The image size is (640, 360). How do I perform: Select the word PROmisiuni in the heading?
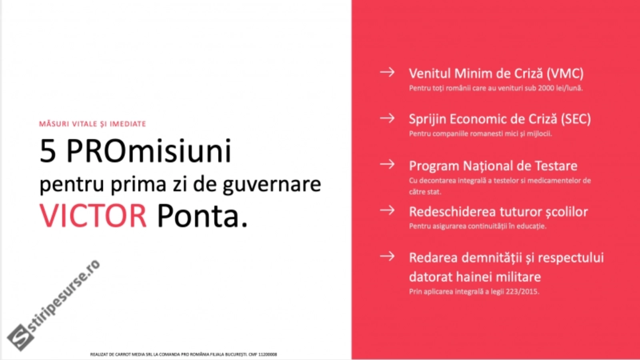(148, 151)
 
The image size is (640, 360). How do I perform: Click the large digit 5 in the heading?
(48, 151)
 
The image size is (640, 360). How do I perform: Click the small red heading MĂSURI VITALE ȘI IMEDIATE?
(92, 124)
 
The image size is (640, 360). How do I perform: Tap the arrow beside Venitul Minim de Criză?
(387, 72)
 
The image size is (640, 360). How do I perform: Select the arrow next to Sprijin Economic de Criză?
(387, 118)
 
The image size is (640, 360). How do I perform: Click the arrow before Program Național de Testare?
(387, 164)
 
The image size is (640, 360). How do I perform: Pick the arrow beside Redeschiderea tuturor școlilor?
(387, 210)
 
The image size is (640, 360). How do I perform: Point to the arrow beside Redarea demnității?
(387, 256)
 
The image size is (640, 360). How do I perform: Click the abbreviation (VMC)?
(565, 74)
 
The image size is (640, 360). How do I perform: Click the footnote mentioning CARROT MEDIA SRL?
(184, 354)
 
